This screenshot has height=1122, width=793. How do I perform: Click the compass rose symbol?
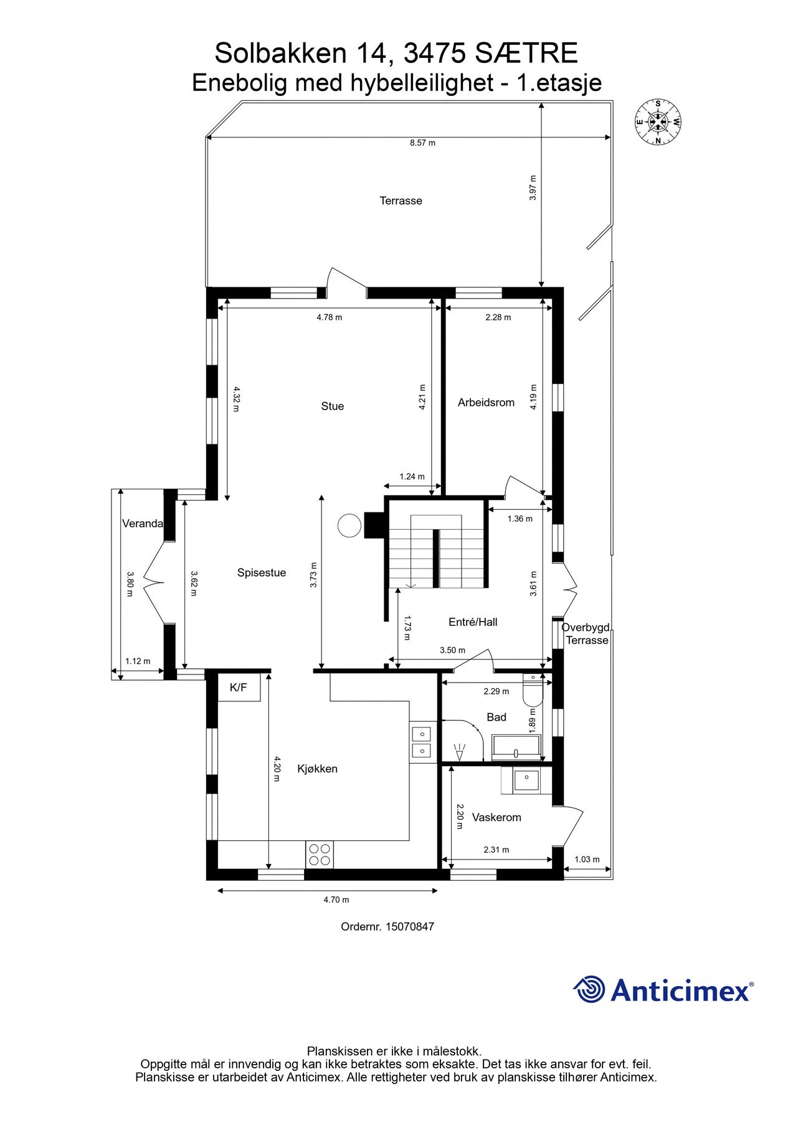click(658, 122)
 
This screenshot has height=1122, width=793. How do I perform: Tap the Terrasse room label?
click(401, 201)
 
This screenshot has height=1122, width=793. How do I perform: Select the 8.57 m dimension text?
click(422, 143)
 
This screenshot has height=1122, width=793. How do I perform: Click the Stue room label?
click(332, 406)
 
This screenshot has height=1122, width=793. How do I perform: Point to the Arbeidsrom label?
click(486, 403)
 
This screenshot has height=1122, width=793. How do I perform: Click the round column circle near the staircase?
click(349, 525)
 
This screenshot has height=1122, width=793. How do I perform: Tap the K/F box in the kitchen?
click(239, 688)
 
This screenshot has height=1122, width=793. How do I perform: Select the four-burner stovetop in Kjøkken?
click(320, 855)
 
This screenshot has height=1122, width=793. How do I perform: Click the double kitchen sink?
click(421, 742)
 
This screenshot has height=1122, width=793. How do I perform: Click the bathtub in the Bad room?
click(516, 747)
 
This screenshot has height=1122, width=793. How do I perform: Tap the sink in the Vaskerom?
click(526, 780)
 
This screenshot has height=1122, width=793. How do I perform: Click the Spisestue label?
click(262, 573)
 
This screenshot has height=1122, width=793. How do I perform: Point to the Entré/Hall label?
click(473, 622)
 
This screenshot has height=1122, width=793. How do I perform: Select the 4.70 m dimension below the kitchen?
click(336, 899)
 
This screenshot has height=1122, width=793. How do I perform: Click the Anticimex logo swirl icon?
click(589, 989)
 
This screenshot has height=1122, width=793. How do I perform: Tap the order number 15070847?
click(409, 926)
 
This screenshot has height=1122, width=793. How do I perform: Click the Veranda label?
click(143, 524)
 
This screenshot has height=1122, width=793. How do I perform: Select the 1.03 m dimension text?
click(587, 860)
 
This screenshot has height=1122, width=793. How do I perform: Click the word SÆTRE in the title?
click(526, 54)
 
